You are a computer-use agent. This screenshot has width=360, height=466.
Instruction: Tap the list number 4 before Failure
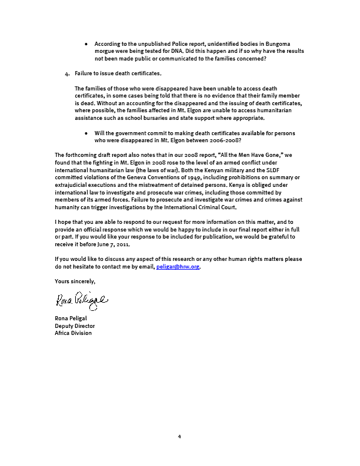(x=67, y=73)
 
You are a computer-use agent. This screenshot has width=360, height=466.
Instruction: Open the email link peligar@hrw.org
(x=178, y=267)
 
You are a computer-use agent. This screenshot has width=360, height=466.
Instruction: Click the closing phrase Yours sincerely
(x=75, y=281)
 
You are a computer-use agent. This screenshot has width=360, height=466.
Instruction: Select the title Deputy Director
(x=75, y=326)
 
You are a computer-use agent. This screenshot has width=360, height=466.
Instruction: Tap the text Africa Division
(x=73, y=333)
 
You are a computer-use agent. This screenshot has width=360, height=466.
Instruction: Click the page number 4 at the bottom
(x=179, y=437)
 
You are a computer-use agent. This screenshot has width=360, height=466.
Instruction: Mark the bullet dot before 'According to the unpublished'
(x=87, y=44)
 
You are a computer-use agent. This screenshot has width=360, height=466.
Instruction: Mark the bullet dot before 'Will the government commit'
(x=87, y=133)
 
